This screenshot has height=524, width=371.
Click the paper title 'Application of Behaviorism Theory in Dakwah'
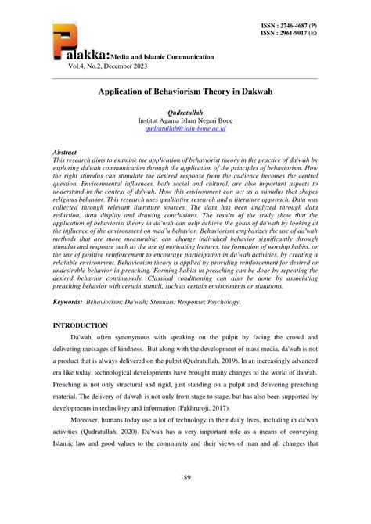tap(185, 92)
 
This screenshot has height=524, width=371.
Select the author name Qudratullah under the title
tap(185, 113)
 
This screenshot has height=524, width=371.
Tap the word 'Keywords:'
tap(70, 301)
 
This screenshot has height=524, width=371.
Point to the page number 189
tap(185, 479)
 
